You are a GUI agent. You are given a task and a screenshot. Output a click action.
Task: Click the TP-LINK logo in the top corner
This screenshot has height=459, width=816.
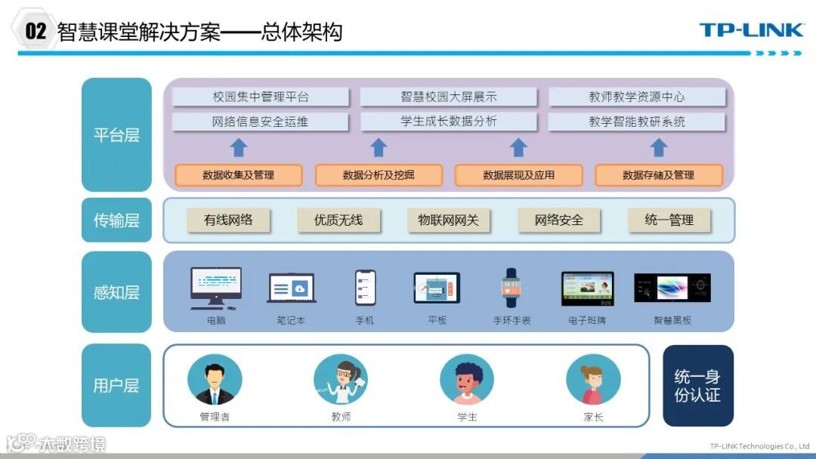click(751, 30)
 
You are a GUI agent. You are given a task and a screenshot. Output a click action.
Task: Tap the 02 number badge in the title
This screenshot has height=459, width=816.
click(36, 31)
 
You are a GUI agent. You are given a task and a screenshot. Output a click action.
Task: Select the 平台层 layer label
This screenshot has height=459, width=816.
click(116, 135)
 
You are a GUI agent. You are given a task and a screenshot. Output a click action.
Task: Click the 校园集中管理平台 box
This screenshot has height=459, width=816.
click(261, 97)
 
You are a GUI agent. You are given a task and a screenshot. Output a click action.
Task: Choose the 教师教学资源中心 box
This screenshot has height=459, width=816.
click(637, 97)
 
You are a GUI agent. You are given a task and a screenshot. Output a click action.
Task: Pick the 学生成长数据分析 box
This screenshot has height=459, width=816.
click(449, 122)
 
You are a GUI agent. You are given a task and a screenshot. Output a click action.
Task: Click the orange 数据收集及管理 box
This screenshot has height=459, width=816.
click(239, 175)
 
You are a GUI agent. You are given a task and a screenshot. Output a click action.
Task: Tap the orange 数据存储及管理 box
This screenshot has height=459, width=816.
click(658, 175)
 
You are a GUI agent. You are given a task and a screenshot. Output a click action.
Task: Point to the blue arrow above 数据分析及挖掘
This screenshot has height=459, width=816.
click(379, 147)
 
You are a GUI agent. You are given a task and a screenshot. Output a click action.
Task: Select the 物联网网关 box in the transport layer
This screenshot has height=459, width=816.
click(449, 220)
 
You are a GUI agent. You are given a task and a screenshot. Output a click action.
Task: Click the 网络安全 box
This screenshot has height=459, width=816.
click(559, 220)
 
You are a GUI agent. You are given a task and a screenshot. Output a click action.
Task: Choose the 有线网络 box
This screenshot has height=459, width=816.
click(228, 220)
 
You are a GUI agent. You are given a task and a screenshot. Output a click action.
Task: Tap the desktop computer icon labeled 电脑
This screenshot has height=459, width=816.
click(216, 288)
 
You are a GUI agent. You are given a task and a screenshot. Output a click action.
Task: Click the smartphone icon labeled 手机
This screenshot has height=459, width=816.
click(365, 287)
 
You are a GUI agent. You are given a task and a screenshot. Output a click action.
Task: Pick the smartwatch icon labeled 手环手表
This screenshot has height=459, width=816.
click(512, 288)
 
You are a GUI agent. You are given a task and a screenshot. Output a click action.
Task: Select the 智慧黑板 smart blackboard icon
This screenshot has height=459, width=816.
click(672, 288)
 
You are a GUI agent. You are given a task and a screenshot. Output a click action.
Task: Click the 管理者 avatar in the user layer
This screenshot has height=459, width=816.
click(215, 380)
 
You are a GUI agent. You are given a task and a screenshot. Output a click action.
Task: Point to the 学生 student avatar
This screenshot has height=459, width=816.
click(467, 380)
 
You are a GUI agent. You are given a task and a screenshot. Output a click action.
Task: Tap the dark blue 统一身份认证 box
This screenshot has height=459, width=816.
click(697, 385)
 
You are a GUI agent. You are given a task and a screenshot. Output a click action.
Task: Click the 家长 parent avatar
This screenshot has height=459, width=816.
click(593, 380)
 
